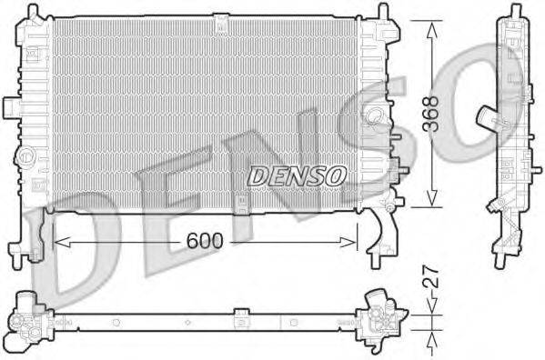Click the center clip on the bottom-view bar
[240, 319]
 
